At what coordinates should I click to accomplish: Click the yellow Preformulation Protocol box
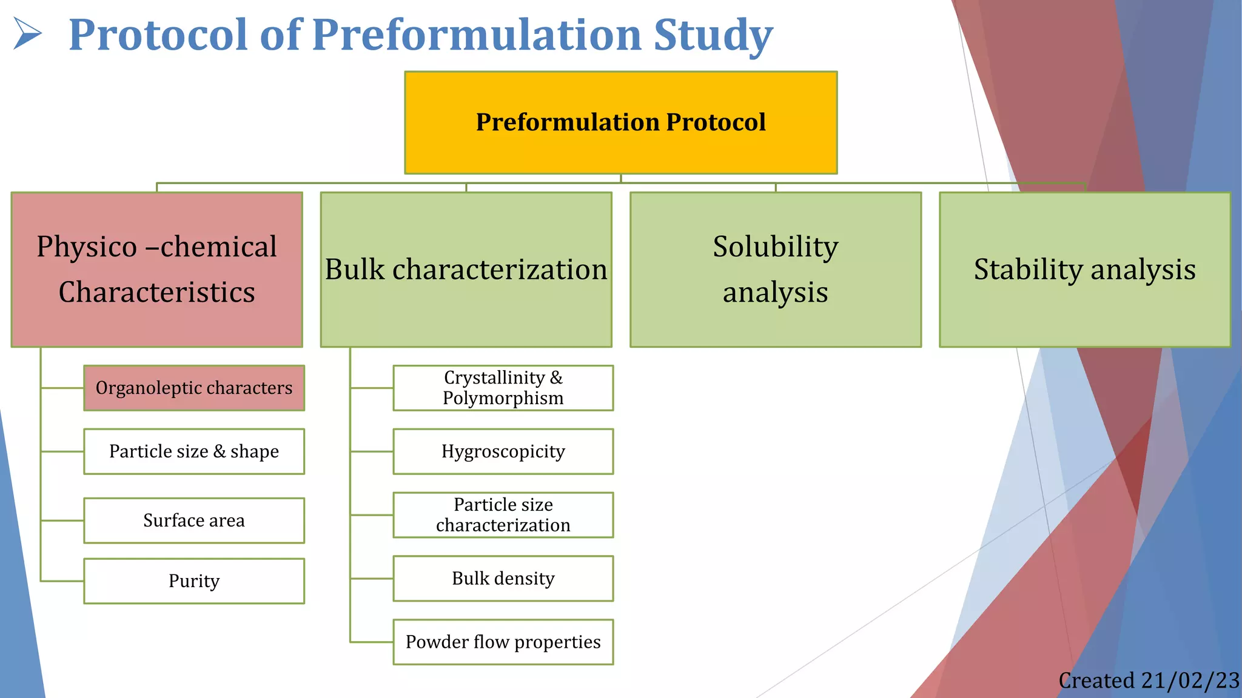click(620, 122)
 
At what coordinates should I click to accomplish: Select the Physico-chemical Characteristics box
click(156, 270)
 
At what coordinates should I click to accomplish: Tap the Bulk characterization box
click(466, 270)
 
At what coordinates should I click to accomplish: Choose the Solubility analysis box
click(775, 270)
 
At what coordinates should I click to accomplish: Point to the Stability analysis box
click(1084, 270)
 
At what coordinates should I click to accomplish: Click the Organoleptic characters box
click(194, 388)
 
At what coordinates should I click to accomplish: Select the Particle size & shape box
click(194, 451)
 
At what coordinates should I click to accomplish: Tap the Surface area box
click(194, 520)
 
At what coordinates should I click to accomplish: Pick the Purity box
click(194, 581)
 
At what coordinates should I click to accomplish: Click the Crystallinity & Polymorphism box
click(503, 388)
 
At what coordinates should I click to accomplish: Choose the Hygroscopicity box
click(503, 451)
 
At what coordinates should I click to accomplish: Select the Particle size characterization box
click(503, 515)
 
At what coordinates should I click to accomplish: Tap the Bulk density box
click(503, 579)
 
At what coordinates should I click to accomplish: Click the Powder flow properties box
click(503, 642)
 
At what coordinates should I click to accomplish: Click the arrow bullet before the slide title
click(27, 33)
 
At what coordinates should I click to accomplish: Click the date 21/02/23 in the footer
click(1190, 680)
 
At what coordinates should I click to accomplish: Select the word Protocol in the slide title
click(158, 35)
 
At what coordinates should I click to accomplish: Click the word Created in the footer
click(1096, 680)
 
